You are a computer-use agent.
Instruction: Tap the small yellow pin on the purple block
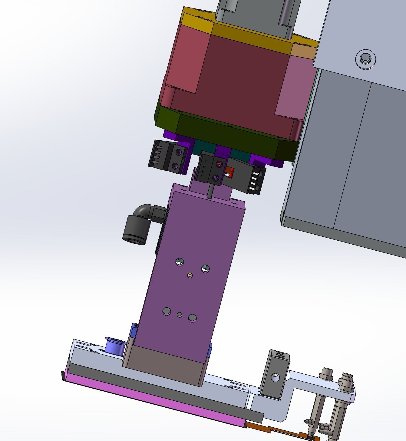pyautogui.click(x=190, y=275)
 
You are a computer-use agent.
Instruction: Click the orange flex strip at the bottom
pyautogui.click(x=272, y=429)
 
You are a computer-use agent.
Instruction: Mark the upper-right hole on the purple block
pyautogui.click(x=205, y=268)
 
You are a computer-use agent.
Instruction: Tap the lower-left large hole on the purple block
pyautogui.click(x=167, y=311)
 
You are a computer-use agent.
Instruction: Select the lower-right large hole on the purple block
pyautogui.click(x=192, y=318)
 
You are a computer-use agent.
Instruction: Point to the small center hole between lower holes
pyautogui.click(x=180, y=315)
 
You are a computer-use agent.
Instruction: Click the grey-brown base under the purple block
pyautogui.click(x=165, y=365)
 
